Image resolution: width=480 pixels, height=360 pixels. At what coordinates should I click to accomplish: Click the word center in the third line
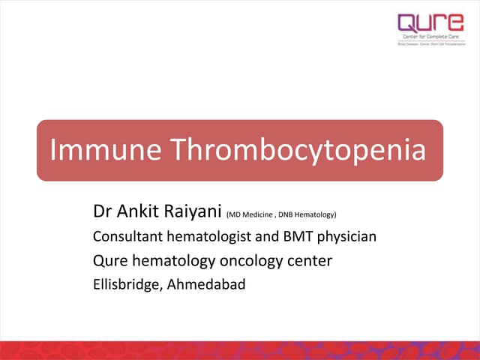308,261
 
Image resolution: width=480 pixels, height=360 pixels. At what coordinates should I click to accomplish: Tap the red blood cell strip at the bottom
240,349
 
